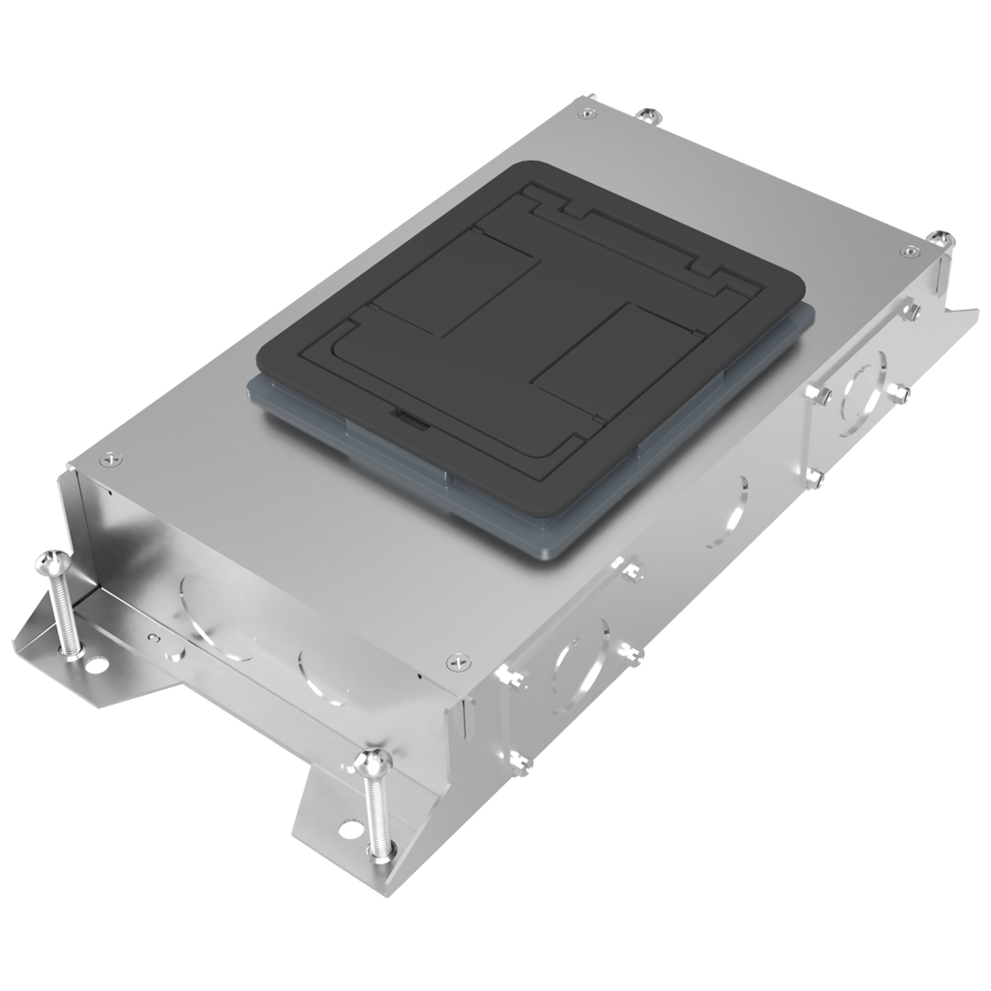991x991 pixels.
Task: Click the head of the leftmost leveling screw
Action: pyautogui.click(x=54, y=560)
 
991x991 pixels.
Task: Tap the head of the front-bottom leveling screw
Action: pyautogui.click(x=373, y=764)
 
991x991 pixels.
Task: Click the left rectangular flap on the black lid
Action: pyautogui.click(x=455, y=282)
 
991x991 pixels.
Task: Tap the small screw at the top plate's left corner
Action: pyautogui.click(x=112, y=460)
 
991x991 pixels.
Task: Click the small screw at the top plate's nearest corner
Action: pyautogui.click(x=457, y=662)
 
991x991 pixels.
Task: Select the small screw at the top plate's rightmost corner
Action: pyautogui.click(x=909, y=252)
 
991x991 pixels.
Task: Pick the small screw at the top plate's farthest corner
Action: pyautogui.click(x=586, y=113)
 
